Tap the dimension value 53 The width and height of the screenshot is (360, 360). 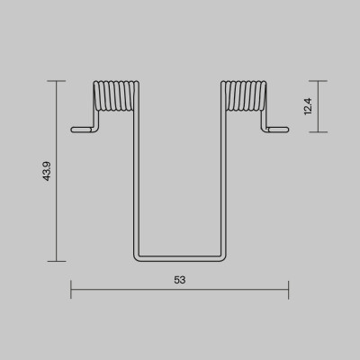pyautogui.click(x=180, y=280)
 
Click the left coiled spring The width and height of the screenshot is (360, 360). pyautogui.click(x=116, y=98)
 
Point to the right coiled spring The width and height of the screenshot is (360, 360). pyautogui.click(x=244, y=98)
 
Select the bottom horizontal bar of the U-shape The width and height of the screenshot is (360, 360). pyautogui.click(x=180, y=258)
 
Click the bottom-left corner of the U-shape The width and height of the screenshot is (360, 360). pyautogui.click(x=137, y=256)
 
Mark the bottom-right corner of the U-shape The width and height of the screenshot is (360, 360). pyautogui.click(x=223, y=256)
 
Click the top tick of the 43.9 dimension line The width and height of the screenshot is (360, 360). pyautogui.click(x=56, y=82)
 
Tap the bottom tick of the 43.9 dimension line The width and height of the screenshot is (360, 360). pyautogui.click(x=56, y=261)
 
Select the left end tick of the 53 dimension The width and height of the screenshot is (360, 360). pyautogui.click(x=71, y=290)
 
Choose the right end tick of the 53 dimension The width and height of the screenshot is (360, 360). pyautogui.click(x=289, y=290)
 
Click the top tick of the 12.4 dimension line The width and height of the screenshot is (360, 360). pyautogui.click(x=318, y=82)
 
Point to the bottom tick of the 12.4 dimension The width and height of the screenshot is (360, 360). pyautogui.click(x=318, y=132)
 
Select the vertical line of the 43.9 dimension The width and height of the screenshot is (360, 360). pyautogui.click(x=56, y=216)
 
